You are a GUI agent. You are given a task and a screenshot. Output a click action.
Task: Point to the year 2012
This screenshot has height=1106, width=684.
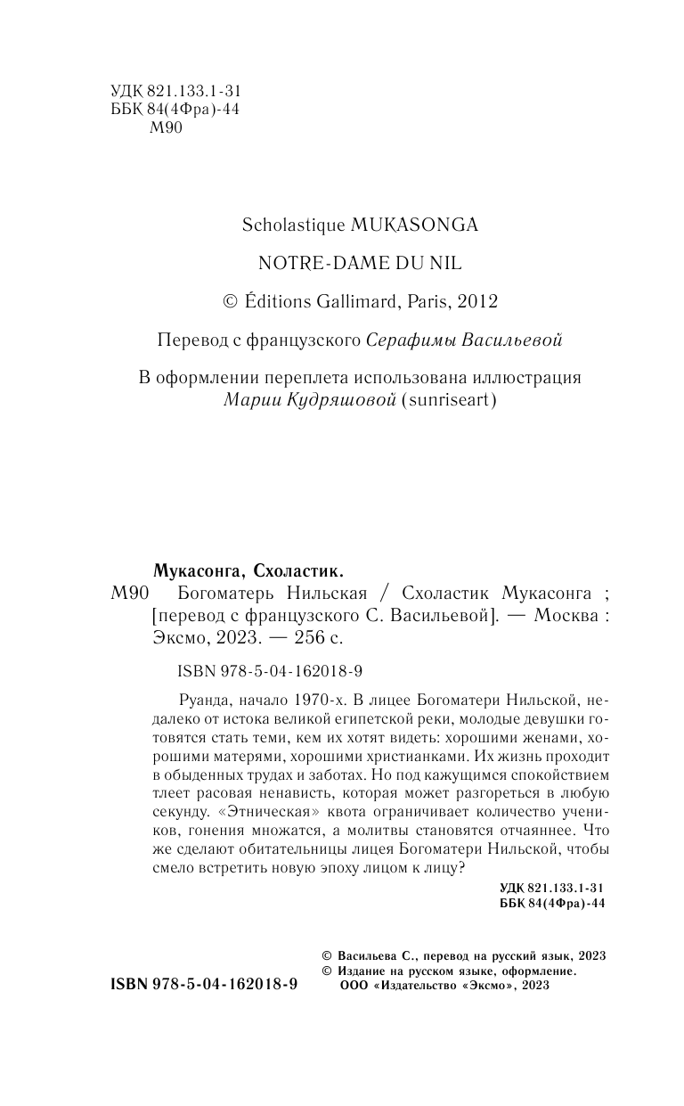coord(477,302)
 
